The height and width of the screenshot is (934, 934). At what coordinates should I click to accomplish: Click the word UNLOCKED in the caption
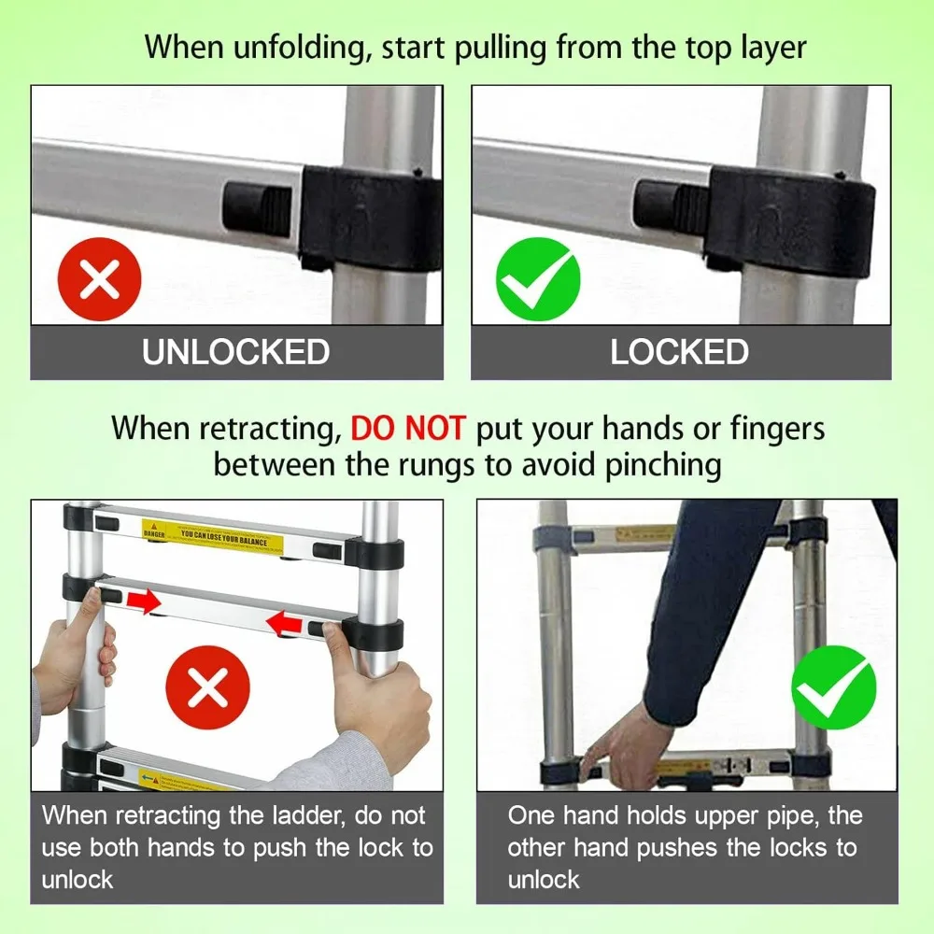pos(235,352)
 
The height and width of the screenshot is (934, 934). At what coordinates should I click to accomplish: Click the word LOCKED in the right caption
pos(679,352)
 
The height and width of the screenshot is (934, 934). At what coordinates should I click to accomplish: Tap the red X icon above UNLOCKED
pos(99,279)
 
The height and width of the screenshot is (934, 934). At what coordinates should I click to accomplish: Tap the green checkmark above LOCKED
pos(538,279)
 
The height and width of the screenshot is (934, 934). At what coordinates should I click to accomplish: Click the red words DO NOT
pos(407,429)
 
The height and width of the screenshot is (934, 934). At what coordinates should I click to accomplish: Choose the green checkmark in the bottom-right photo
pos(833,687)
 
